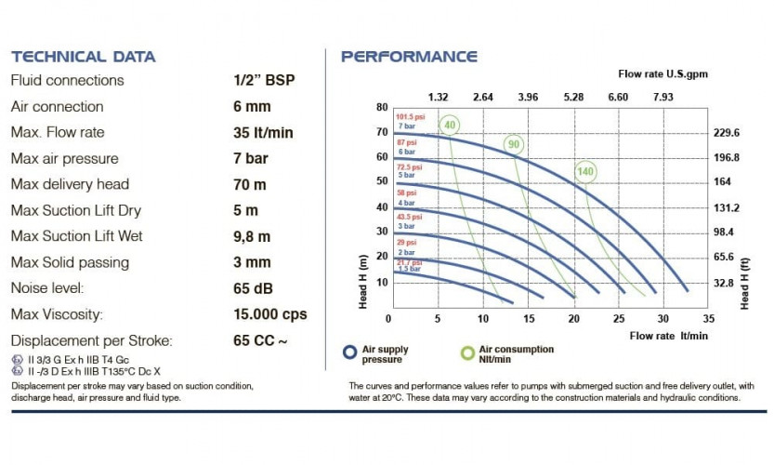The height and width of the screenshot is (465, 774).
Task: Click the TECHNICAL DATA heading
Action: click(83, 56)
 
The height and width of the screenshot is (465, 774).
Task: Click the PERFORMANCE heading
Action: click(409, 56)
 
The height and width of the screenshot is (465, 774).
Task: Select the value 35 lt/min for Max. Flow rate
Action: click(263, 132)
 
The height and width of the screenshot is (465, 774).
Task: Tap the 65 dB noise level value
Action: click(253, 288)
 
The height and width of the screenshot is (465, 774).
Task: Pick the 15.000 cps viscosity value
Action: click(269, 314)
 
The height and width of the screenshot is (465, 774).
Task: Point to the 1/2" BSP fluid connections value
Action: click(264, 80)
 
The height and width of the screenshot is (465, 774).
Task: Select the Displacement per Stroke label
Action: click(92, 340)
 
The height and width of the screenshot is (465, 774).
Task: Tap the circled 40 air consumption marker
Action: click(451, 125)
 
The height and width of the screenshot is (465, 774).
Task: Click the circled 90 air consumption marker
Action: click(513, 144)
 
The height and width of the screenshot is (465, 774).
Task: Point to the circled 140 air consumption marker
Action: click(584, 171)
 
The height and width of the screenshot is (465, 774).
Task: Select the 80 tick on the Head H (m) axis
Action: click(381, 107)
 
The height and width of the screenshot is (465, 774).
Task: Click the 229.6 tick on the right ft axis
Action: click(726, 133)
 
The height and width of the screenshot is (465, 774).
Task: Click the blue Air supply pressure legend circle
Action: click(349, 353)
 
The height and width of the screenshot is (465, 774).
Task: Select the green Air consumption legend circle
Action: click(468, 353)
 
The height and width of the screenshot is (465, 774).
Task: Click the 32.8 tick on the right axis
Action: click(725, 283)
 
